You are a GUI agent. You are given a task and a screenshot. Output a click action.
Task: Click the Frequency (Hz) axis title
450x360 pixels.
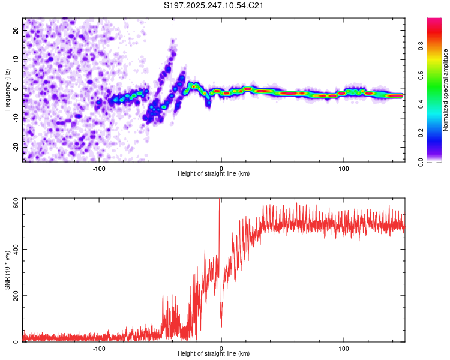point(7,90)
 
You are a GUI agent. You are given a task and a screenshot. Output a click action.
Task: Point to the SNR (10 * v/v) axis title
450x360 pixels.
point(7,270)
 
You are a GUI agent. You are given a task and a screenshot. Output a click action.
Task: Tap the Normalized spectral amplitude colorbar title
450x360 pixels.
point(445,90)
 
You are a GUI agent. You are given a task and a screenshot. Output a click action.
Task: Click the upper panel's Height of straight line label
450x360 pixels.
point(214,173)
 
